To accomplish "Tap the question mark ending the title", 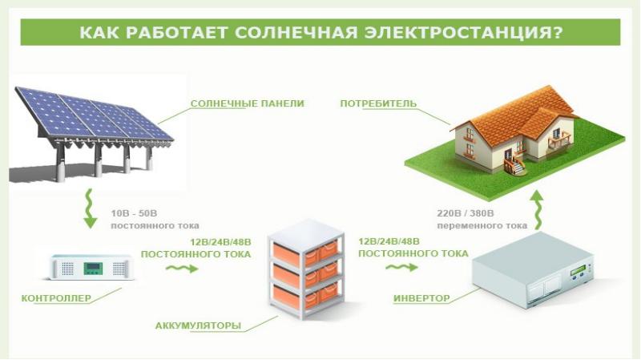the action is click(x=558, y=32).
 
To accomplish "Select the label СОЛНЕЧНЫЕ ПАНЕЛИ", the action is click(x=248, y=103).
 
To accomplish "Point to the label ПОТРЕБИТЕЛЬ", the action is click(x=378, y=103).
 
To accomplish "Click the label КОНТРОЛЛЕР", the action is click(x=56, y=298).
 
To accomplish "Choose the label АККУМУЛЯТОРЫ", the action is click(x=198, y=326).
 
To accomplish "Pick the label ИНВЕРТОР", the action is click(x=421, y=298).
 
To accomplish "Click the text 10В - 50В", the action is click(x=134, y=213).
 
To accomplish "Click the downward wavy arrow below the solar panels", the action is click(x=90, y=208).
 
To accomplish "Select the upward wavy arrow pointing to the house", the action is click(x=537, y=211).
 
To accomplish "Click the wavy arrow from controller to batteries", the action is click(x=182, y=269).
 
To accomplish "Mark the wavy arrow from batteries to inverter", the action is click(x=401, y=267).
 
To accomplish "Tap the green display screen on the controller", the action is click(x=93, y=269).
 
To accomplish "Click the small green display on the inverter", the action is click(x=579, y=271).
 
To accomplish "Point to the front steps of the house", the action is click(x=517, y=167).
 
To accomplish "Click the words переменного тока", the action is click(x=482, y=225).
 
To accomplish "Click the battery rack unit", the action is click(x=306, y=269).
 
